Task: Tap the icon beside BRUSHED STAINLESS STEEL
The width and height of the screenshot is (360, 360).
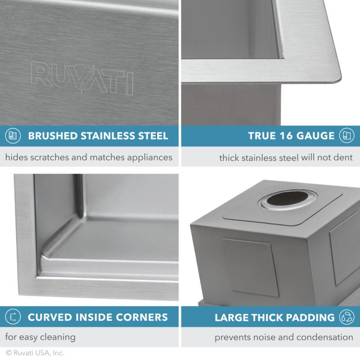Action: coord(13,136)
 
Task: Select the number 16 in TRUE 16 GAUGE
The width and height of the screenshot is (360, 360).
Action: coord(285,136)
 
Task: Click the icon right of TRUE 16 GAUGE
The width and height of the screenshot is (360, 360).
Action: coord(347,136)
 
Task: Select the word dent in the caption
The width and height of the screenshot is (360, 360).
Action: coord(345,158)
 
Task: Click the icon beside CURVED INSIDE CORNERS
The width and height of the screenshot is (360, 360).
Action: coord(13,317)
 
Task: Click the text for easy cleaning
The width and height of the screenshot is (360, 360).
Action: coord(40,337)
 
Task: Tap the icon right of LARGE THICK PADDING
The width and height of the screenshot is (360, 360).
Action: coord(347,317)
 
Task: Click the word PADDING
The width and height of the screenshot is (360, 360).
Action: coord(312,317)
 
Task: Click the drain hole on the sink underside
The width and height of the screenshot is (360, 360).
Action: coord(288,198)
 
